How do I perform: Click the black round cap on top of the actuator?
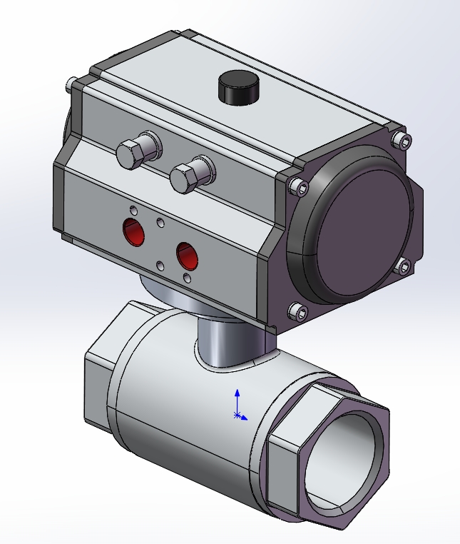click(237, 87)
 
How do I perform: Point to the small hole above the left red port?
click(133, 211)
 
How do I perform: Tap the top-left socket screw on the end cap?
click(298, 188)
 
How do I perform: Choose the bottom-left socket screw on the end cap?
click(298, 311)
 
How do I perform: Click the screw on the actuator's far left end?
click(68, 86)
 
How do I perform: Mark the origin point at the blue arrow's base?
click(238, 415)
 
